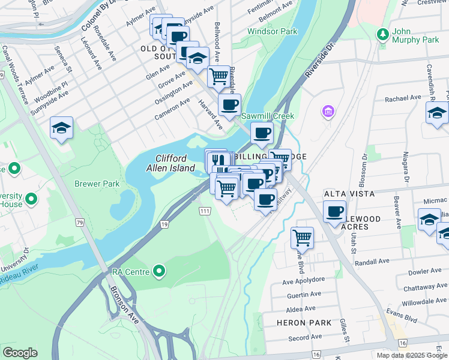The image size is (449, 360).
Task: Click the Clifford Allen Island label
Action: tap(175, 163)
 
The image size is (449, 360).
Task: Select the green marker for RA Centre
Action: tap(159, 272)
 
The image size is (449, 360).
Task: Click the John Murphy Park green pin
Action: tap(382, 34)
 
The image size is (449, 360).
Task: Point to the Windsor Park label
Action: tap(273, 31)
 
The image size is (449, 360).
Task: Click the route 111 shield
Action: tap(205, 211)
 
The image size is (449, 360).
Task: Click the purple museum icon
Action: tap(328, 112)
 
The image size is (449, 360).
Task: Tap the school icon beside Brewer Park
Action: tap(61, 128)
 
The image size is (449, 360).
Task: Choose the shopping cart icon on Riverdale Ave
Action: tap(219, 76)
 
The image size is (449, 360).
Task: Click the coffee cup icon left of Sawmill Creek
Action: tap(229, 105)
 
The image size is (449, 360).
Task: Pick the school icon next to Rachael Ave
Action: tap(437, 112)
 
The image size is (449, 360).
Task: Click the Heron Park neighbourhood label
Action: tap(295, 323)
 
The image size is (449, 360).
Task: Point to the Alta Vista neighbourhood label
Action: tap(349, 194)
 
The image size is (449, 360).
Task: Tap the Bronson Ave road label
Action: tap(125, 306)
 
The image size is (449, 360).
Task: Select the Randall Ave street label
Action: tap(372, 262)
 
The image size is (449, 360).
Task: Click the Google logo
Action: tap(20, 353)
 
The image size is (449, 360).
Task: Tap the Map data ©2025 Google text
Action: tap(411, 355)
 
